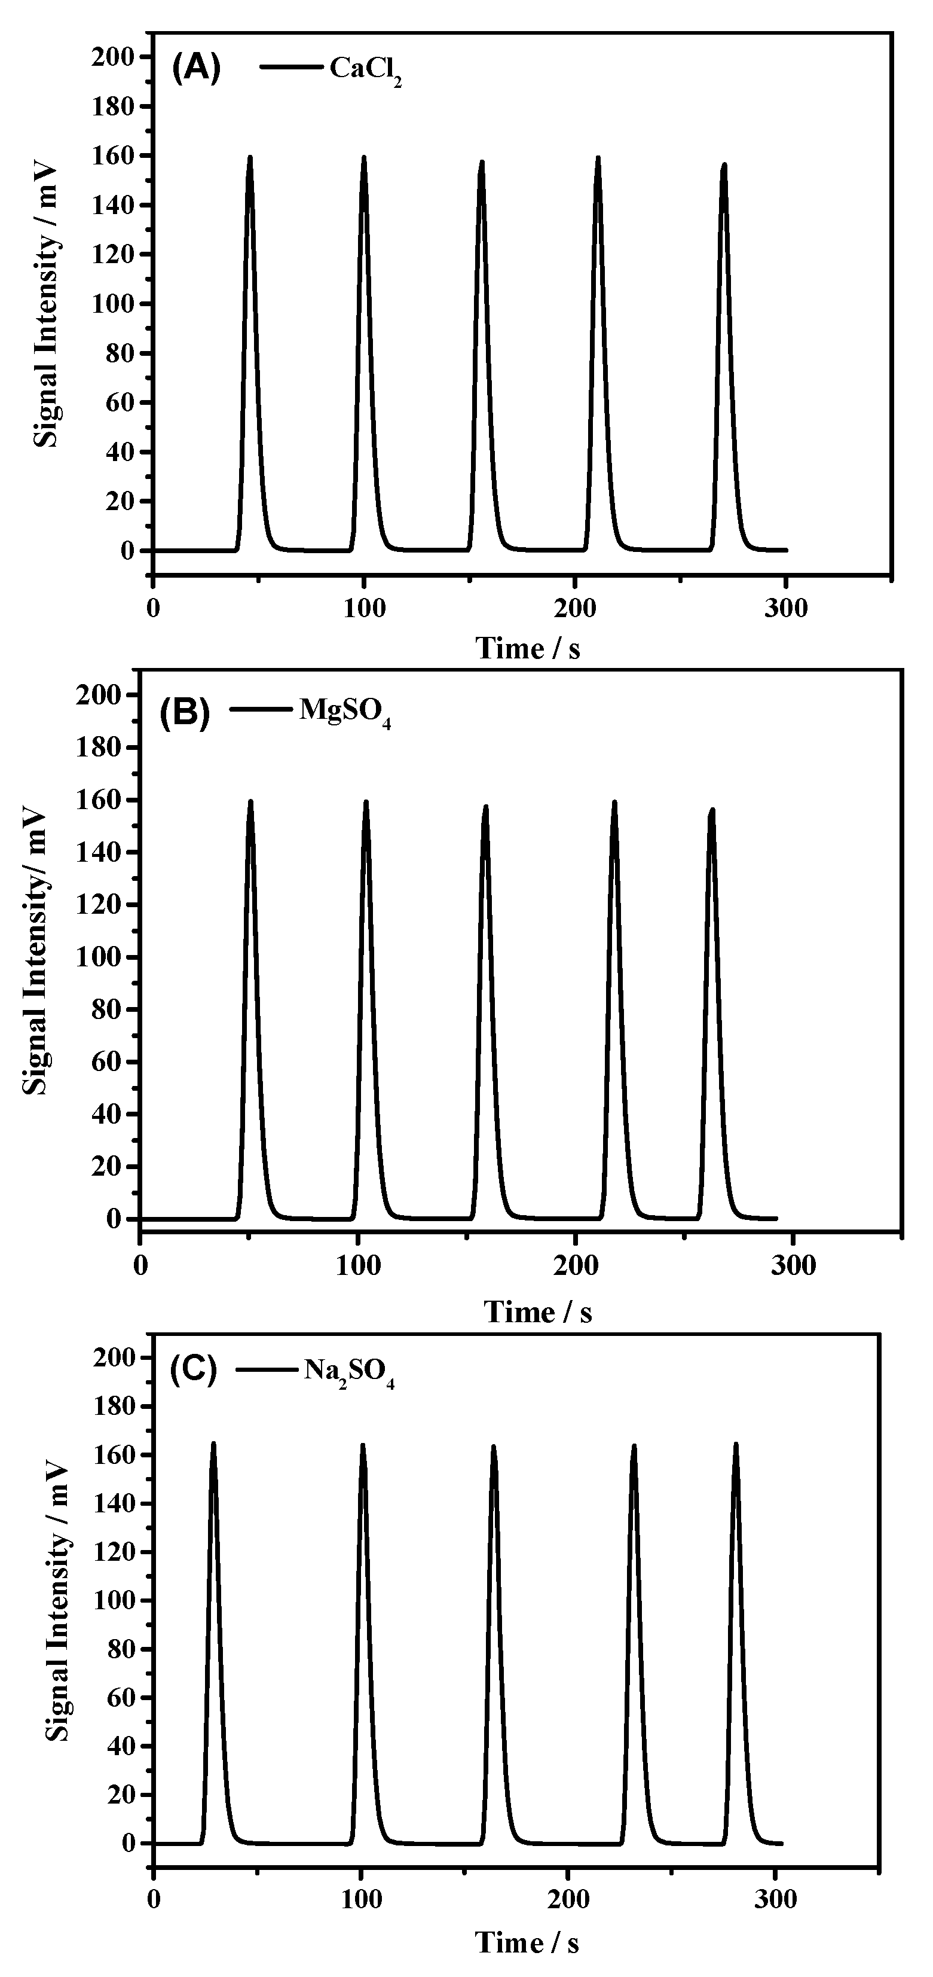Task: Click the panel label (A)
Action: click(195, 69)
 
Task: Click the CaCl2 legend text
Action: click(365, 71)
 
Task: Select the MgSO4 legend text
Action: click(344, 710)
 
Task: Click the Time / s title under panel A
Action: click(528, 648)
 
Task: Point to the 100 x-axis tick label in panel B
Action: click(358, 1265)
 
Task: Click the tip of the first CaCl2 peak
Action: click(249, 157)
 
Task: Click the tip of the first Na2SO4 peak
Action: click(213, 1444)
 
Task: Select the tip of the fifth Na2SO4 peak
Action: click(736, 1444)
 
